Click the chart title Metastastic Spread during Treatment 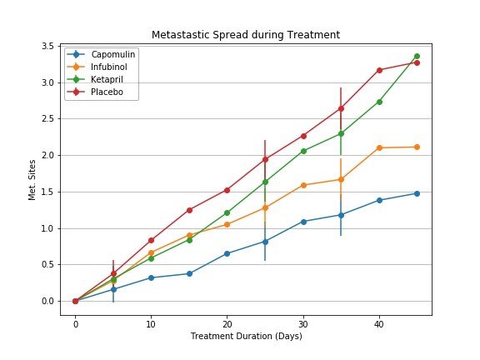point(245,35)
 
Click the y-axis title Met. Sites point(32,179)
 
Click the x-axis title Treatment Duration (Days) point(246,336)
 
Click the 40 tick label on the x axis point(379,323)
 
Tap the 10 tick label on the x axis point(151,323)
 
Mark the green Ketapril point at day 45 point(417,56)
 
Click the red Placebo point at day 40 point(379,70)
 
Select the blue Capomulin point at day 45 point(417,193)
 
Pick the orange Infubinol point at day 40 point(379,147)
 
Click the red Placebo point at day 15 point(189,210)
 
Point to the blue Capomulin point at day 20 point(227,253)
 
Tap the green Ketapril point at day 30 point(303,151)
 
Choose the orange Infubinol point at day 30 point(303,185)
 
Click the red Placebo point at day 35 point(341,108)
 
